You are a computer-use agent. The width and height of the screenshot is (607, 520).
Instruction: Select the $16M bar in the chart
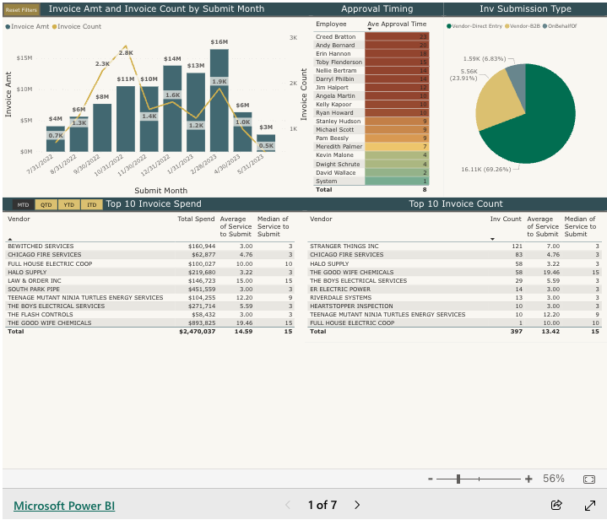pyautogui.click(x=219, y=101)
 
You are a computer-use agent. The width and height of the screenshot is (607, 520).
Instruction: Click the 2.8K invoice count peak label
pyautogui.click(x=126, y=52)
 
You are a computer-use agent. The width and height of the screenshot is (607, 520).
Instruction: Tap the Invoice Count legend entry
pyautogui.click(x=79, y=26)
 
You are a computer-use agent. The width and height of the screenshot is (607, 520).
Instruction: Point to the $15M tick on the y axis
pyautogui.click(x=24, y=58)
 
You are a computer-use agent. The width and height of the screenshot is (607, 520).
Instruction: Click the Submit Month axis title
pyautogui.click(x=160, y=191)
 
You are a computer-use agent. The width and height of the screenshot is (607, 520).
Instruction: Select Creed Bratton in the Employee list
pyautogui.click(x=337, y=37)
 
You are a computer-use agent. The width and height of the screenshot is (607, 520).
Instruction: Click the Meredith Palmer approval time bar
pyautogui.click(x=397, y=147)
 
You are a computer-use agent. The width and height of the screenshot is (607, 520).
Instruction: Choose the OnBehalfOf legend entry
pyautogui.click(x=566, y=26)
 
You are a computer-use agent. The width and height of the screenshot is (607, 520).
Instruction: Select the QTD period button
pyautogui.click(x=46, y=204)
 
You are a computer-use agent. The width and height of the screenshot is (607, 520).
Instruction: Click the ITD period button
pyautogui.click(x=92, y=204)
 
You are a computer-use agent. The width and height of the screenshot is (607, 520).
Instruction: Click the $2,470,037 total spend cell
pyautogui.click(x=197, y=332)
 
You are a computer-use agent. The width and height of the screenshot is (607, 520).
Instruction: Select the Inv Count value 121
pyautogui.click(x=518, y=246)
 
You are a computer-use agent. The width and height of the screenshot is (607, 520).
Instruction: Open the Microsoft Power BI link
pyautogui.click(x=64, y=506)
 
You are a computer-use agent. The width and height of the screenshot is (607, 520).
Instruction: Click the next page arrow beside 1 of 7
pyautogui.click(x=357, y=505)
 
